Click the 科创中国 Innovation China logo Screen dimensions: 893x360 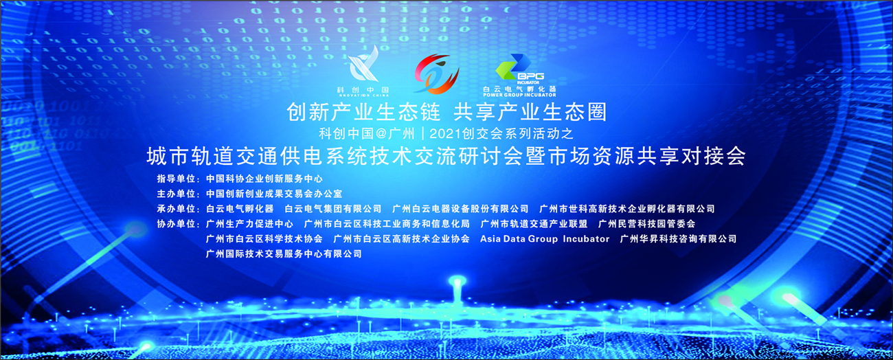tap(363, 71)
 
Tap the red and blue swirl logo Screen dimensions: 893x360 tap(436, 74)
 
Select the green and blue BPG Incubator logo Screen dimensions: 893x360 tap(519, 76)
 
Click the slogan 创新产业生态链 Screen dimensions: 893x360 tap(363, 112)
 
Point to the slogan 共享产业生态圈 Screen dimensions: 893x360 tap(530, 112)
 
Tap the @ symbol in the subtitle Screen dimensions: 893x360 tap(381, 133)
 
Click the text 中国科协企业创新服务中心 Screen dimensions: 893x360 tap(264, 179)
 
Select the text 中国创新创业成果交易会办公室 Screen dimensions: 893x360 tap(274, 194)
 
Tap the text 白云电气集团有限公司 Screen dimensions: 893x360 tap(333, 208)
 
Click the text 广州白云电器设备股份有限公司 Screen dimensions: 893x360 tap(460, 208)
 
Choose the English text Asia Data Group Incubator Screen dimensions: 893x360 tap(545, 239)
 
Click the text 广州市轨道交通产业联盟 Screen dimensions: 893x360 tap(534, 224)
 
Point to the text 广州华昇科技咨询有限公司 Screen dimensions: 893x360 tap(679, 239)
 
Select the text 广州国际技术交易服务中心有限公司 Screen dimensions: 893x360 tap(284, 254)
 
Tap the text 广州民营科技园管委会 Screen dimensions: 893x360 tap(646, 224)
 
